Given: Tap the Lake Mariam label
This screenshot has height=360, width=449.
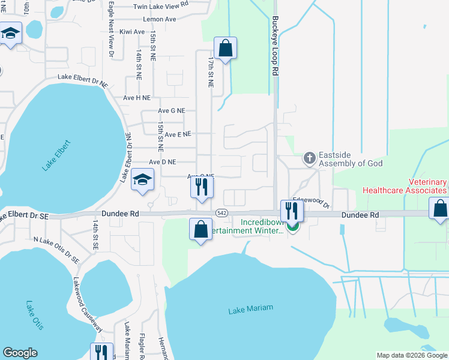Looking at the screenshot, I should pos(250,308).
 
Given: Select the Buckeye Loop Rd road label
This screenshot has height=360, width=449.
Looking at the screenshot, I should pos(275,54).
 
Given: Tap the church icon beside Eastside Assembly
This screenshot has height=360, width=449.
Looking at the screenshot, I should pos(310,158).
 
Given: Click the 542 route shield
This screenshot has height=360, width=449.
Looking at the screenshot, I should pos(221,213).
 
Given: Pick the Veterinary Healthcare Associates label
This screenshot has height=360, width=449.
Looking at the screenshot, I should pos(406,186).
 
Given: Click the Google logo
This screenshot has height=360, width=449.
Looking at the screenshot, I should pos(20,353).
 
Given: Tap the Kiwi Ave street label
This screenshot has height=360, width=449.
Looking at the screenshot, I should pos(132,32).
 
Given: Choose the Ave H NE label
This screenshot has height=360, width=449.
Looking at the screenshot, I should pos(137,97).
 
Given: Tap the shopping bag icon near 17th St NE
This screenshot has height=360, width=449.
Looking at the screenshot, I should pos(225,49).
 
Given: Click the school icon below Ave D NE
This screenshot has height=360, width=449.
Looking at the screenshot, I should pos(143,179).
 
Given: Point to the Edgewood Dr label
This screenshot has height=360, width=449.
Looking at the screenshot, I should pos(311,202).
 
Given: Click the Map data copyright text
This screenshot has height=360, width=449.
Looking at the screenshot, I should pos(411,355).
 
